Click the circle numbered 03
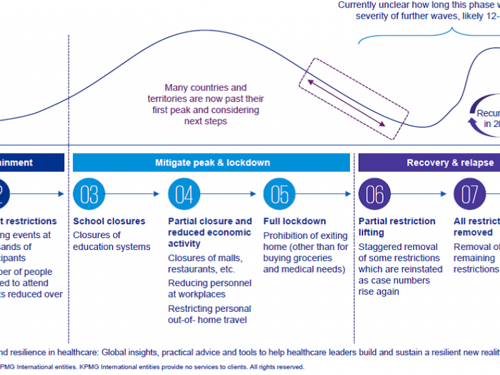(x=89, y=194)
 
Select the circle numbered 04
(x=184, y=194)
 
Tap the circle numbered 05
(x=279, y=194)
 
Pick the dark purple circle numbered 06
(x=374, y=194)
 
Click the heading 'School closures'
(x=109, y=221)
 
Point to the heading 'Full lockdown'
(x=294, y=221)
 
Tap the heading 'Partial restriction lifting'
(x=397, y=227)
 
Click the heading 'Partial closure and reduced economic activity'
(x=210, y=232)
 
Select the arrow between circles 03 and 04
(x=137, y=194)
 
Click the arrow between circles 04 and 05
(x=232, y=194)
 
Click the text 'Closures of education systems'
(x=112, y=241)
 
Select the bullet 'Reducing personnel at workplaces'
(x=209, y=289)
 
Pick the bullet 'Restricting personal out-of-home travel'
(x=209, y=314)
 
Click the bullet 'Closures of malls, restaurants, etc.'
(x=201, y=264)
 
